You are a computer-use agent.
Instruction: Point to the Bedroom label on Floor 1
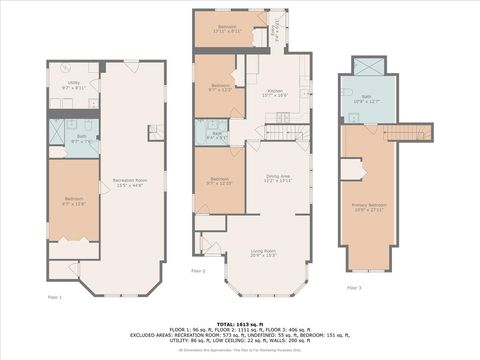(74, 200)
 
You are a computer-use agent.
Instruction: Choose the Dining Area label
(277, 177)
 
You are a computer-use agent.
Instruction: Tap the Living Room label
(263, 251)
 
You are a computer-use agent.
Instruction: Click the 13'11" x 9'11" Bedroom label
(229, 29)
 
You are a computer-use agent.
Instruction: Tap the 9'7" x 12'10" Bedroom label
(219, 183)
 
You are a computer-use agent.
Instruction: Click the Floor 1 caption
(55, 298)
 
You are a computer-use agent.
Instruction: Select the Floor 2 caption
(198, 271)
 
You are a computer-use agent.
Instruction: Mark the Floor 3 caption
(354, 288)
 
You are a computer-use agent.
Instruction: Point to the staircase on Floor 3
(407, 133)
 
